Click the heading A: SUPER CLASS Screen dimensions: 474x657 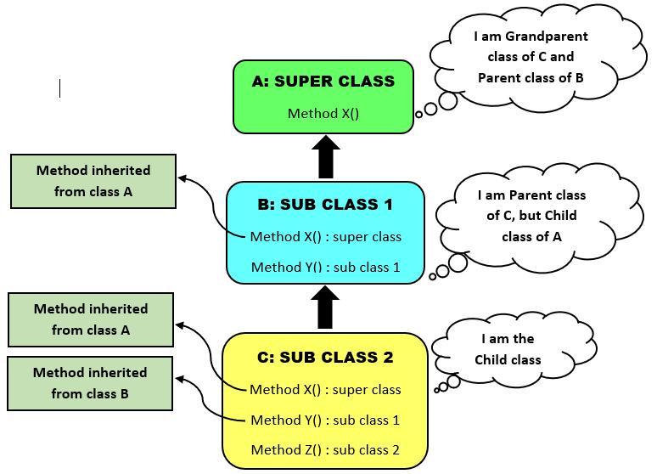click(323, 82)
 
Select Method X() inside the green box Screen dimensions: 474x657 click(323, 113)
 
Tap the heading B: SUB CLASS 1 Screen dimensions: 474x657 click(325, 205)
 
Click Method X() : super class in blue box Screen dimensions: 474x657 click(325, 237)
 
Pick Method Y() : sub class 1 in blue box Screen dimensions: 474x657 click(325, 268)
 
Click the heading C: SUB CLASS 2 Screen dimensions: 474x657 click(325, 358)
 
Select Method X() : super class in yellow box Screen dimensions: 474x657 click(325, 390)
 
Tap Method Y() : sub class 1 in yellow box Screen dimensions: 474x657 click(325, 420)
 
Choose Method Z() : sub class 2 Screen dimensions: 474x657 click(325, 450)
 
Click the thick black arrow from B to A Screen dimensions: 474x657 click(325, 157)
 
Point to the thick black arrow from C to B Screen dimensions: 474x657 click(325, 308)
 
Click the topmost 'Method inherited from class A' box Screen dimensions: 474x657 click(93, 181)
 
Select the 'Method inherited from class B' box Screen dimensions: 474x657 click(90, 383)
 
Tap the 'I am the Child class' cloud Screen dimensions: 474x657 click(508, 349)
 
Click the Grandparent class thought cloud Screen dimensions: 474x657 click(531, 57)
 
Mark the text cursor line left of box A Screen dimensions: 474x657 click(59, 87)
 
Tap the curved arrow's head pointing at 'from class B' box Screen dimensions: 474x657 click(181, 381)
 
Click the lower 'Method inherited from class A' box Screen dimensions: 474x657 click(91, 319)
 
